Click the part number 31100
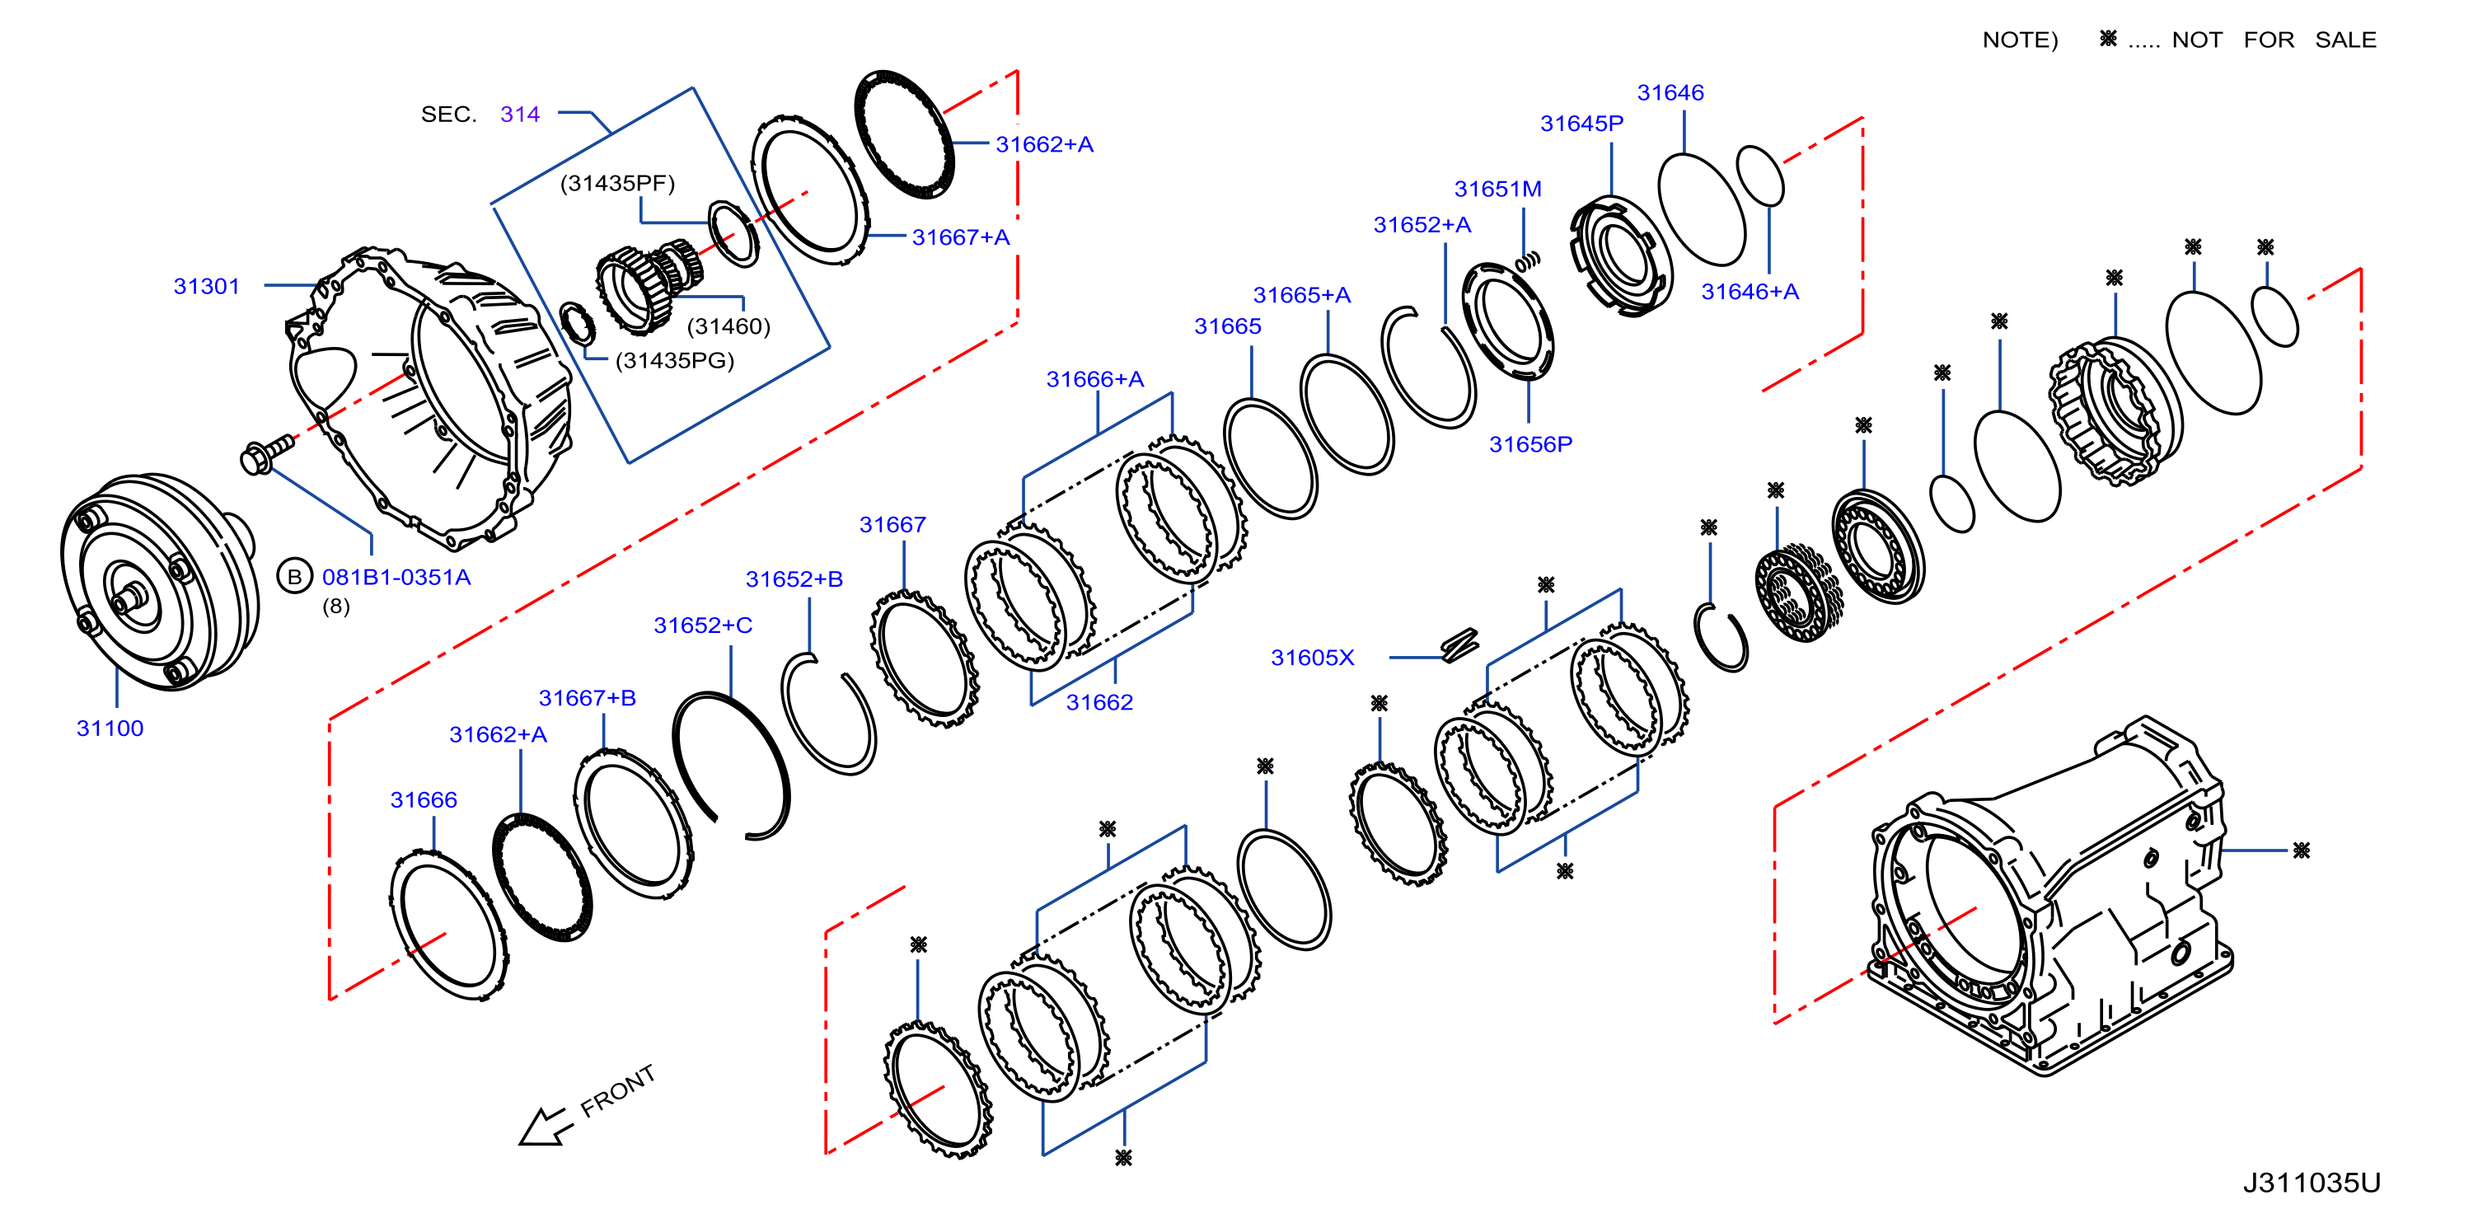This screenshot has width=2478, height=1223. point(110,729)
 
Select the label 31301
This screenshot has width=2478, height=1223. point(206,287)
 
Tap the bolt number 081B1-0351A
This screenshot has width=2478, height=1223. point(396,578)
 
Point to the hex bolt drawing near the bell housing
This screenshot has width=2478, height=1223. point(266,453)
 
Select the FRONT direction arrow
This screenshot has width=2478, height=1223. point(545,1127)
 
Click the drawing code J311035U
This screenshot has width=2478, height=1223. point(2312,1183)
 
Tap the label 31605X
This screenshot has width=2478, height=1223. point(1312,658)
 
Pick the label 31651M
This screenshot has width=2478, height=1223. point(1498,190)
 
